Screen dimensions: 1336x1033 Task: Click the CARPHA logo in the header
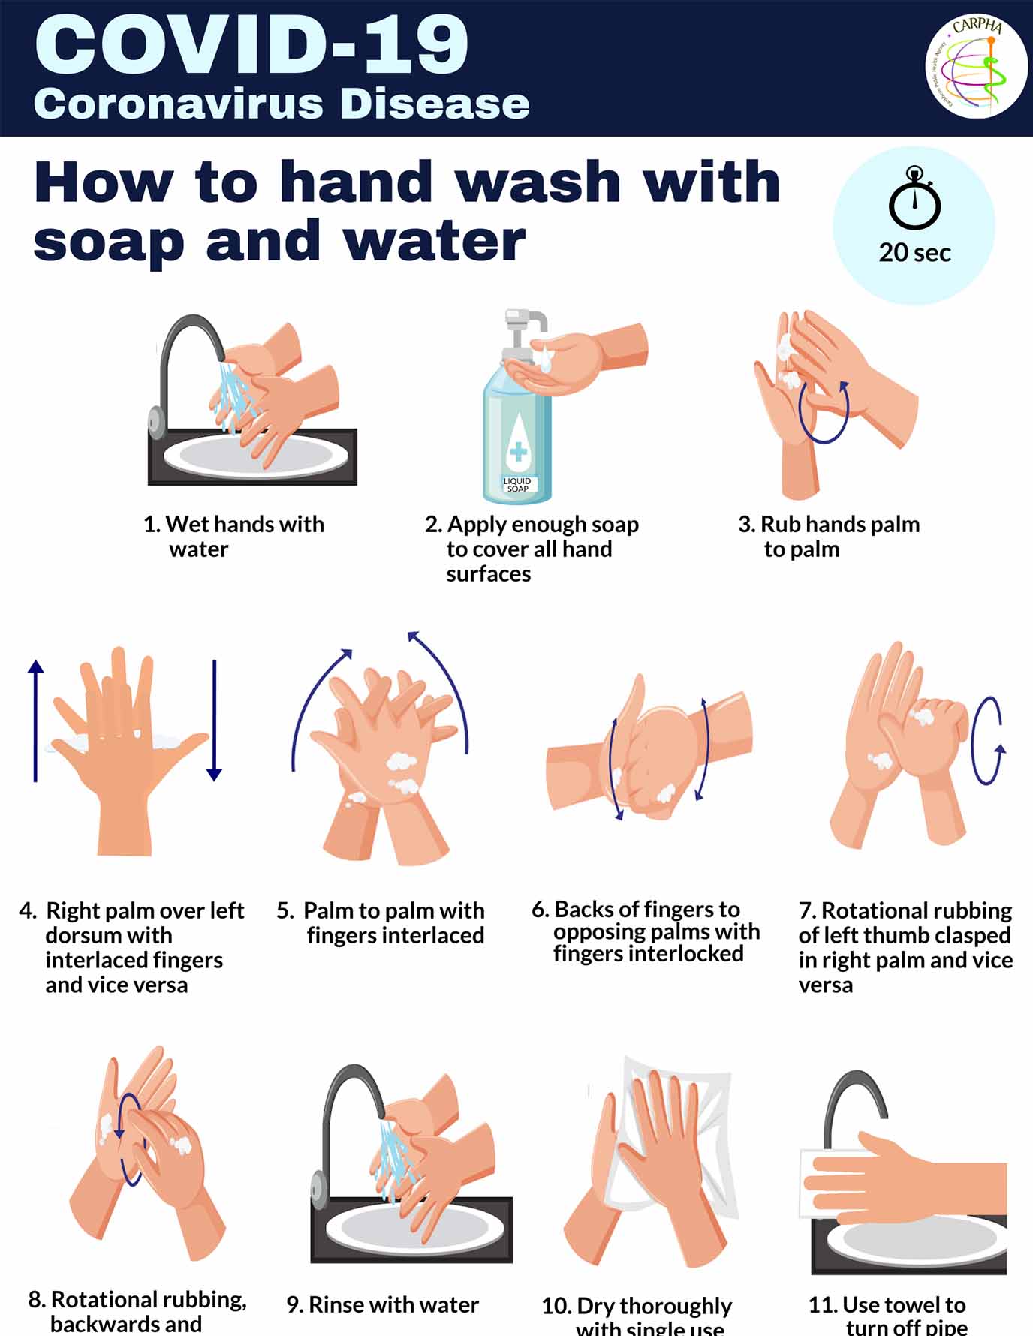click(976, 66)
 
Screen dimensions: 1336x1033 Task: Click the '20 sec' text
click(914, 253)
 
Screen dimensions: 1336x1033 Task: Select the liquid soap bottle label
click(517, 485)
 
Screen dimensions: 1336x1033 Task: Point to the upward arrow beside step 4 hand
click(35, 721)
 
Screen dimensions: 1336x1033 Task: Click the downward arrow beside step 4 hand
click(215, 721)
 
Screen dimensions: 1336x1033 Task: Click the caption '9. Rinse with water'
click(382, 1304)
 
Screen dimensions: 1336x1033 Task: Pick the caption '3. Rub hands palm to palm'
click(829, 536)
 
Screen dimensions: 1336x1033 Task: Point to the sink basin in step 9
click(411, 1229)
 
